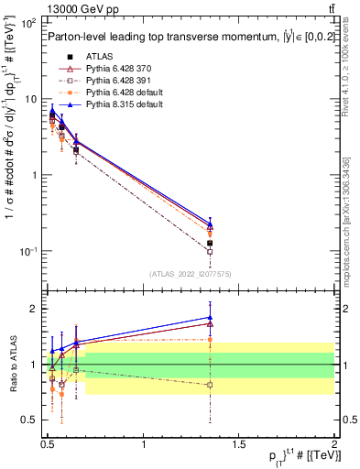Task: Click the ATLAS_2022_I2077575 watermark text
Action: [189, 274]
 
